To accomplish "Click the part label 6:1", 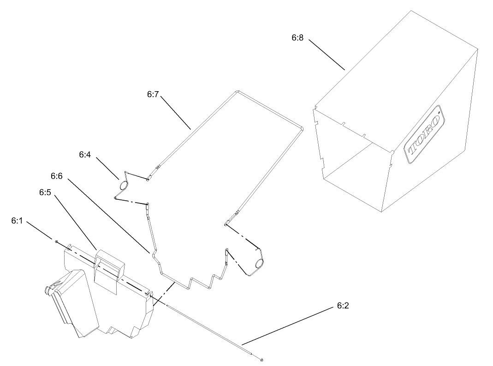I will [17, 221].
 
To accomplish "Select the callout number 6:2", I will [339, 306].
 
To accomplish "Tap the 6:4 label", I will [84, 155].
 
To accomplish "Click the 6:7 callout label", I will [153, 94].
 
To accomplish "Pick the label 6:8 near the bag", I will [297, 38].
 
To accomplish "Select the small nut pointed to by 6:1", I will [56, 240].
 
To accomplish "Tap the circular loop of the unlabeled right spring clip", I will [259, 263].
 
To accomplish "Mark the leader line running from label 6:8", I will [327, 55].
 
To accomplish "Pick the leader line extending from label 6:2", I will [286, 326].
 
